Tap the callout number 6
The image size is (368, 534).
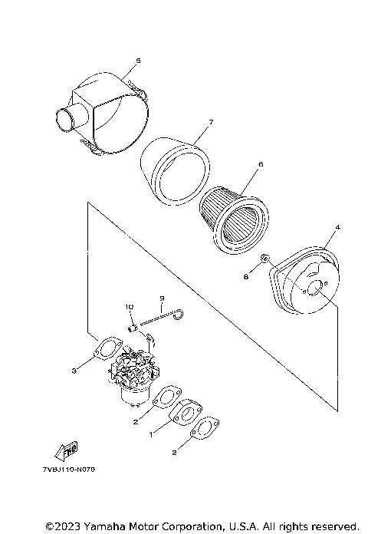tap(261, 164)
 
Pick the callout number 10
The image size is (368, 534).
tap(129, 307)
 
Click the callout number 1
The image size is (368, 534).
tap(151, 433)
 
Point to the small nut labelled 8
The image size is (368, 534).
tap(263, 260)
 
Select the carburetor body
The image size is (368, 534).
tap(134, 376)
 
